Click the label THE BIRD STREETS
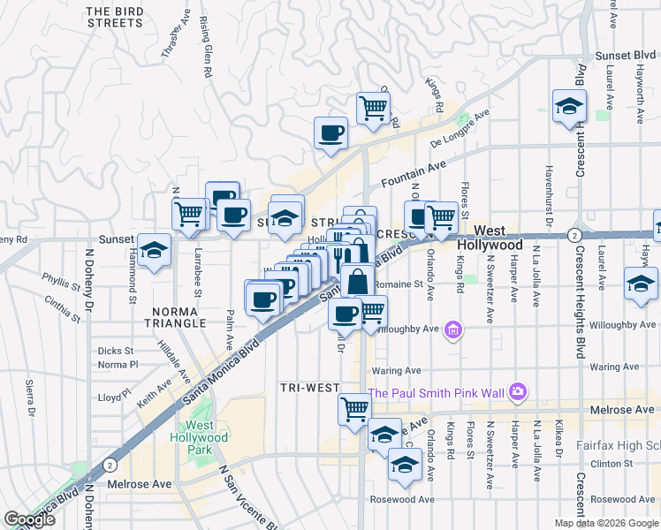115,17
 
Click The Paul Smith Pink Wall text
437,393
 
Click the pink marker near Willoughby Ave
454,331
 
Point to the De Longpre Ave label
460,129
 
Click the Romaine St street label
398,284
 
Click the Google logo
29,519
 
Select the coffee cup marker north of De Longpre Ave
331,133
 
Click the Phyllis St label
60,280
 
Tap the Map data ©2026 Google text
606,523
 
